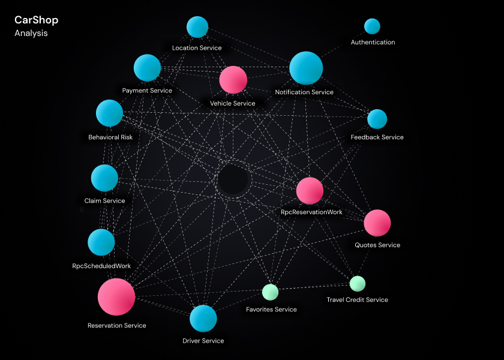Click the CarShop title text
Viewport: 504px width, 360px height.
tap(36, 20)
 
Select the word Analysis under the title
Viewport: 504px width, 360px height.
tap(31, 34)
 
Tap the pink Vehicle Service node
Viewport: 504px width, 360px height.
tap(233, 80)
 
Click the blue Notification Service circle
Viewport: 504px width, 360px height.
tap(306, 68)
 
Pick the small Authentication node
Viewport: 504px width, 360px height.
tap(372, 26)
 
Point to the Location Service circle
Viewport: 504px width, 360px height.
tap(197, 27)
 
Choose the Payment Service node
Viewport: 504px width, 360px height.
tap(147, 68)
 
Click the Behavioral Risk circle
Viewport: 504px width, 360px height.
tap(109, 113)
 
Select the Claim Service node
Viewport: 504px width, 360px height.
tap(104, 178)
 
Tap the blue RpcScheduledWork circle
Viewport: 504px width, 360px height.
tap(101, 242)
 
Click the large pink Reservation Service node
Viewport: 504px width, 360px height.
tap(116, 296)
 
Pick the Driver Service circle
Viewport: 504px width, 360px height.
tap(203, 319)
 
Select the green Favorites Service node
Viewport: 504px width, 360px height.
tap(271, 292)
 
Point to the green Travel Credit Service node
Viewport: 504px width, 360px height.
tap(358, 283)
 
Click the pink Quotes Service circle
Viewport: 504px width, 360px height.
tap(377, 223)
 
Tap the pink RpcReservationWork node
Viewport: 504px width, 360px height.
tap(310, 191)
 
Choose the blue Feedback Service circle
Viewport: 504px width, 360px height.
tap(377, 119)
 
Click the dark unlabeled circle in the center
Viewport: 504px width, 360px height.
tap(233, 180)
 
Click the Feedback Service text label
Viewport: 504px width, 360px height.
tap(377, 137)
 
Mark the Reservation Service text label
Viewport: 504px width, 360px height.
tap(116, 326)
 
